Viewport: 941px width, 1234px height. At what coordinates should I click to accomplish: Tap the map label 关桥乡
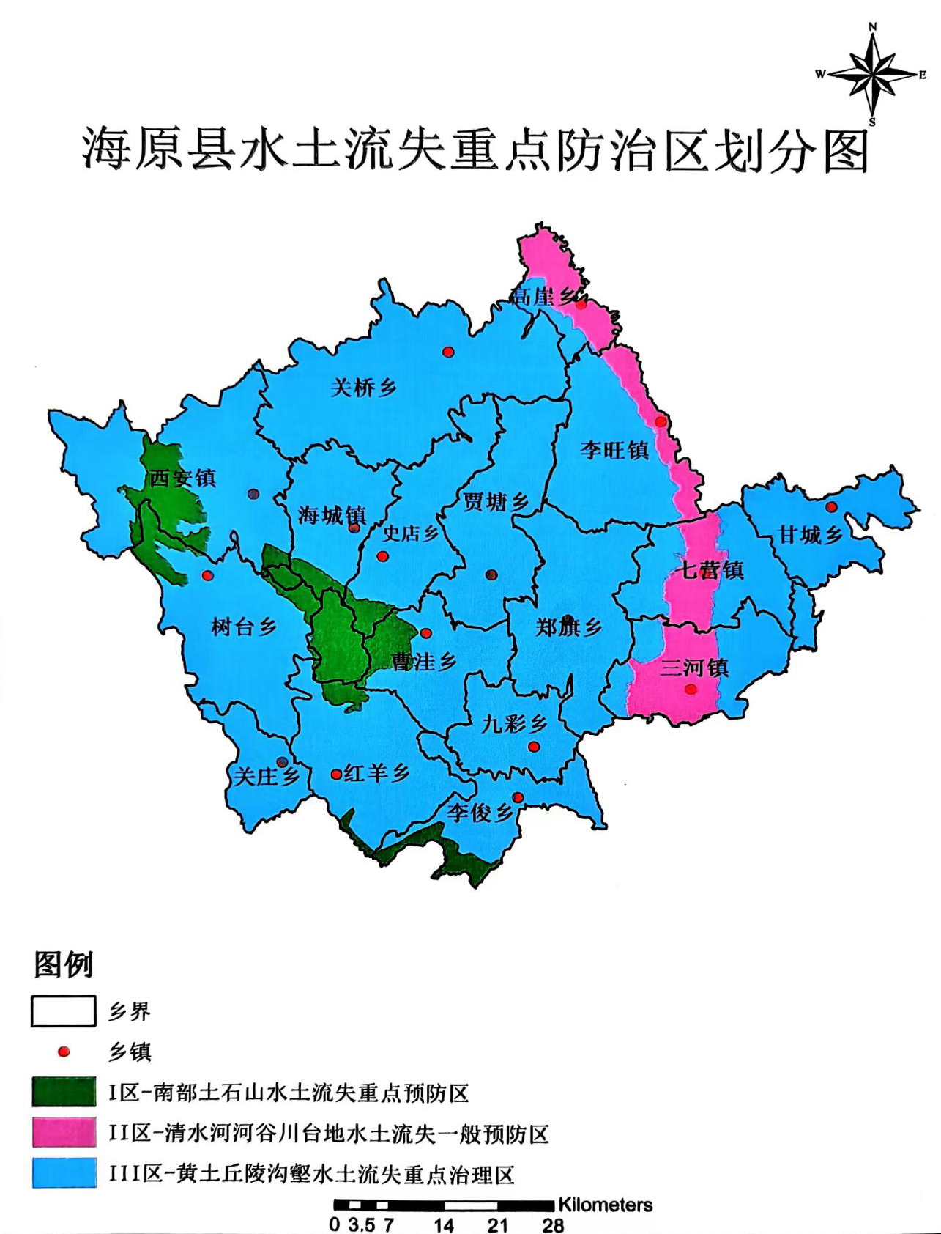[x=364, y=388]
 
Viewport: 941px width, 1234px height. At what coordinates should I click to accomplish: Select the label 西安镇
[x=183, y=479]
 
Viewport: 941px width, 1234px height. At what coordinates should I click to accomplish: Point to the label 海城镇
[x=332, y=515]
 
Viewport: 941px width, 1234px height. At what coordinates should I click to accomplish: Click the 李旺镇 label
[x=614, y=450]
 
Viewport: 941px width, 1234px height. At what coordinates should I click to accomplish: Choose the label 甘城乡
[x=811, y=535]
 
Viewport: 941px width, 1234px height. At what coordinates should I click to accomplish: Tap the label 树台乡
[x=244, y=627]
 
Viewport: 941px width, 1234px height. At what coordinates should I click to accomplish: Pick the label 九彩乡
[x=514, y=724]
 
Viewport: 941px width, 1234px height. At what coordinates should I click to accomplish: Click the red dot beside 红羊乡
[x=336, y=774]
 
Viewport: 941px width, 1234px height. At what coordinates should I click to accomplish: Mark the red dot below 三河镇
[x=691, y=689]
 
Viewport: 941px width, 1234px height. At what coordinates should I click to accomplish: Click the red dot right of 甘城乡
[x=831, y=507]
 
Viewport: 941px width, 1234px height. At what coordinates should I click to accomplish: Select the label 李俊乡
[x=480, y=812]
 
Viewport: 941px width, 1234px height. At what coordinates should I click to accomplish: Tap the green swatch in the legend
[x=64, y=1092]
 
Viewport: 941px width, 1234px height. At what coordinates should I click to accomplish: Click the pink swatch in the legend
[x=64, y=1132]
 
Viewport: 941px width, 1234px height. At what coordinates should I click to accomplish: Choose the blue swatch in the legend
[x=64, y=1173]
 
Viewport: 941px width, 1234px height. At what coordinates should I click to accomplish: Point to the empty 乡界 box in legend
[x=64, y=1011]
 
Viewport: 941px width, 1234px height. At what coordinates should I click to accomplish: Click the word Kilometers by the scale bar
[x=605, y=1205]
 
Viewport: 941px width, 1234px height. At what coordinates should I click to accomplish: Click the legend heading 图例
[x=64, y=964]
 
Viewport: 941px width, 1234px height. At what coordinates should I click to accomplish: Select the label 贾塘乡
[x=496, y=502]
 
